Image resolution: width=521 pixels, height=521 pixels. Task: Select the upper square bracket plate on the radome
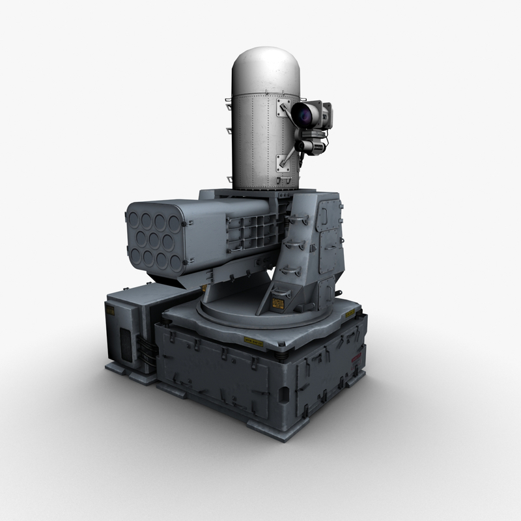283,108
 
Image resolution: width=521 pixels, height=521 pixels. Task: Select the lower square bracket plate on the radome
284,161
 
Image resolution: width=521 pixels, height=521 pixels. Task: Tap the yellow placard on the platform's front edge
254,341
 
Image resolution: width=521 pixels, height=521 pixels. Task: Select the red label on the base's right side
356,359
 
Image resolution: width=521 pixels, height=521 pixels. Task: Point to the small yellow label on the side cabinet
110,311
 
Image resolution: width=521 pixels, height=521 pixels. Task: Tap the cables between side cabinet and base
149,352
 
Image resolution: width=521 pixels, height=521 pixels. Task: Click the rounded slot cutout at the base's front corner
284,395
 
